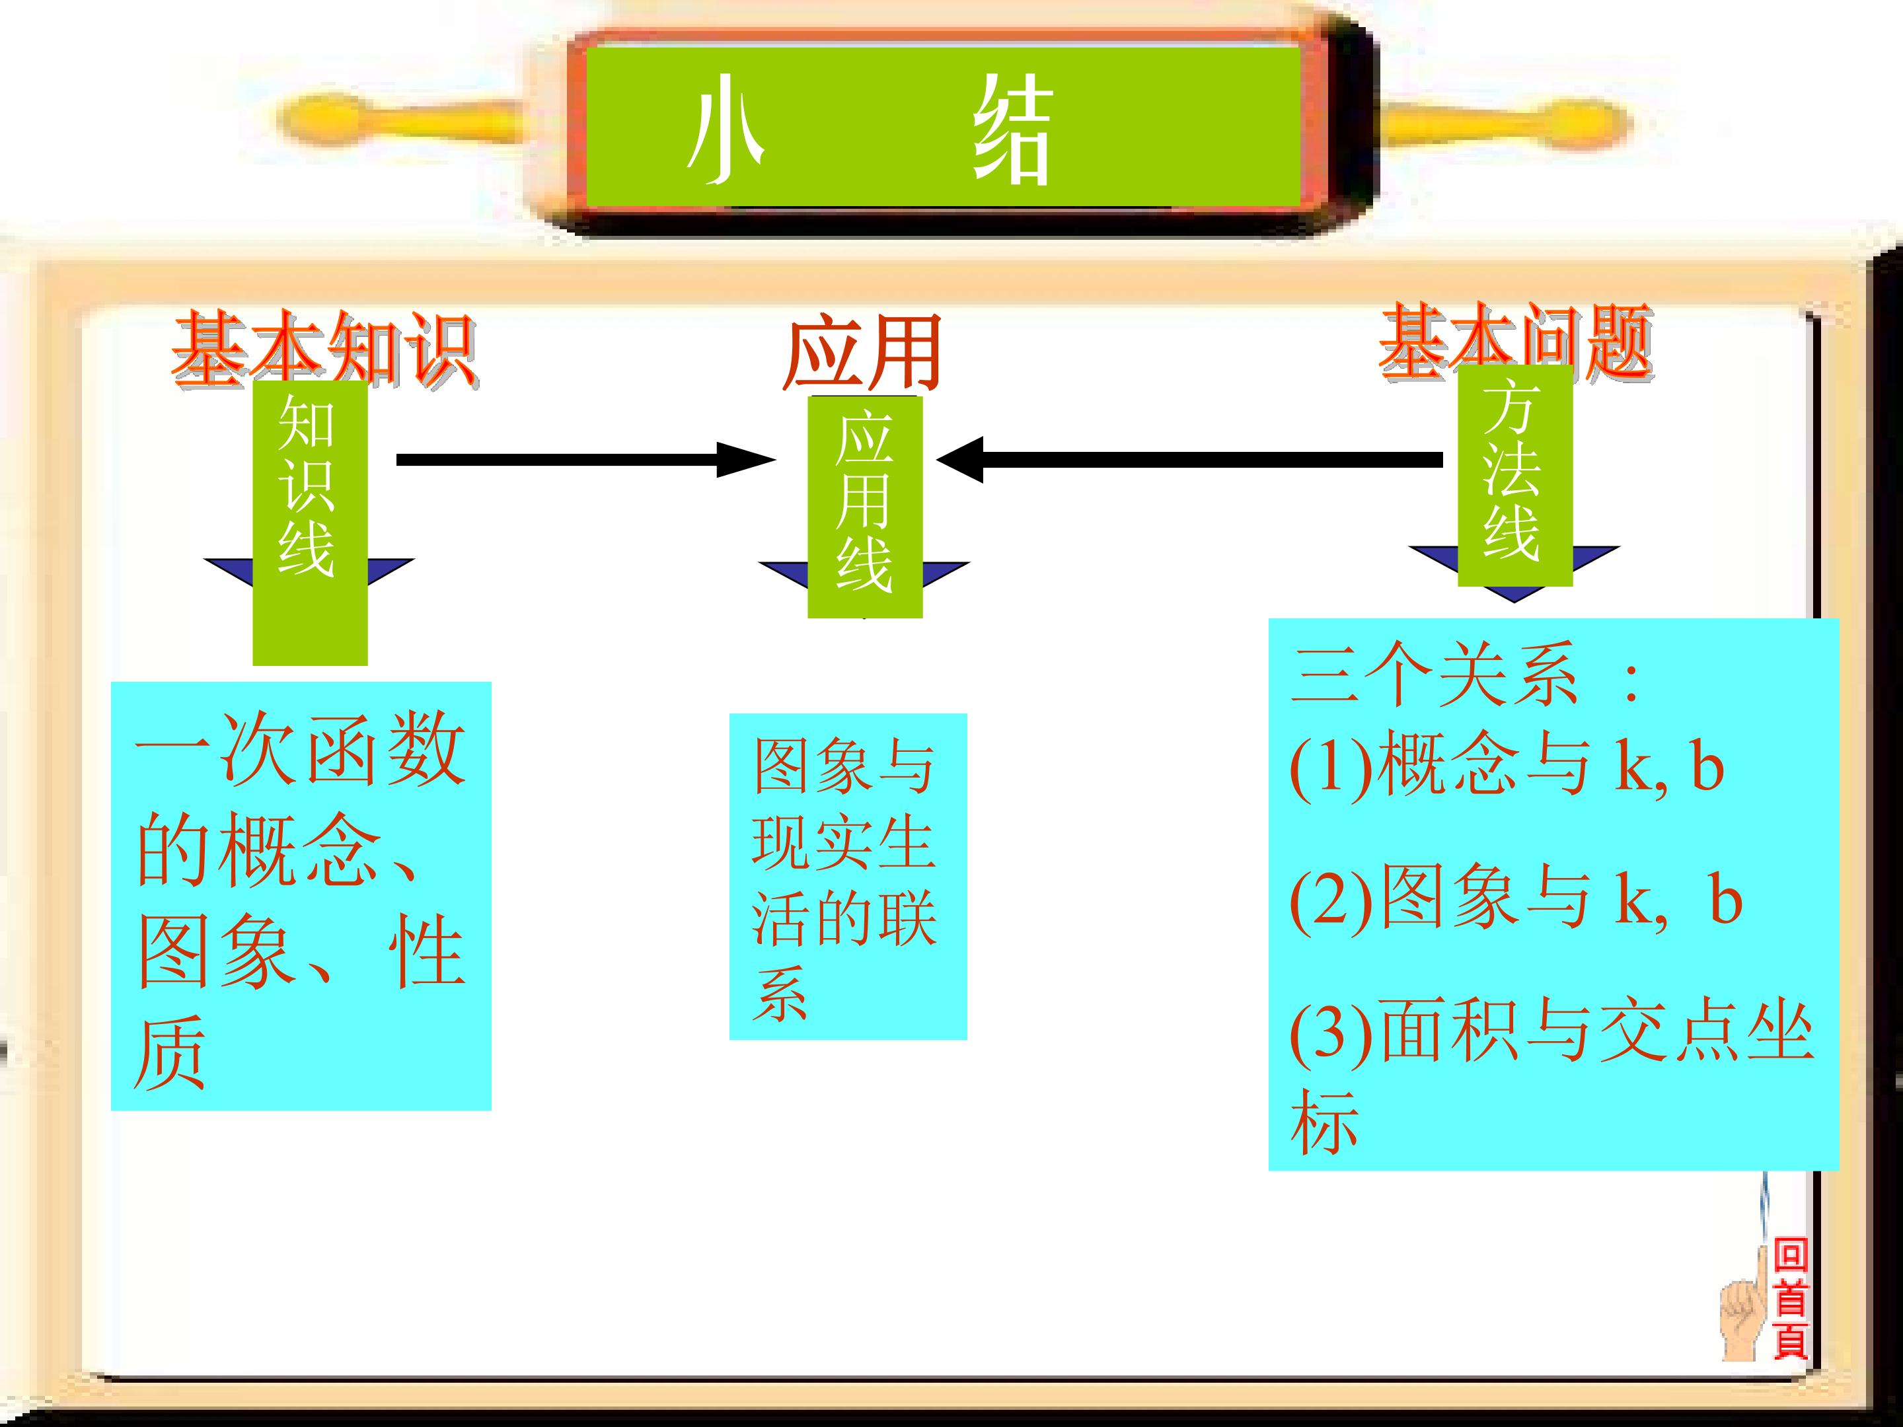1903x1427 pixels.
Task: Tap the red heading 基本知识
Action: click(324, 348)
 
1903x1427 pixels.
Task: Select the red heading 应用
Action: click(863, 353)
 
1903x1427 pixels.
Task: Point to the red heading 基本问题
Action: click(1516, 342)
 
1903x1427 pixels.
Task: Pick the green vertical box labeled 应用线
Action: click(864, 507)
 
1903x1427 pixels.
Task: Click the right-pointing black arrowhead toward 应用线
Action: click(746, 459)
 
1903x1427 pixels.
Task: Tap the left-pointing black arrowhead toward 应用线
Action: click(960, 459)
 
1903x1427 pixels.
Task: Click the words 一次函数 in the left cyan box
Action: click(300, 749)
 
